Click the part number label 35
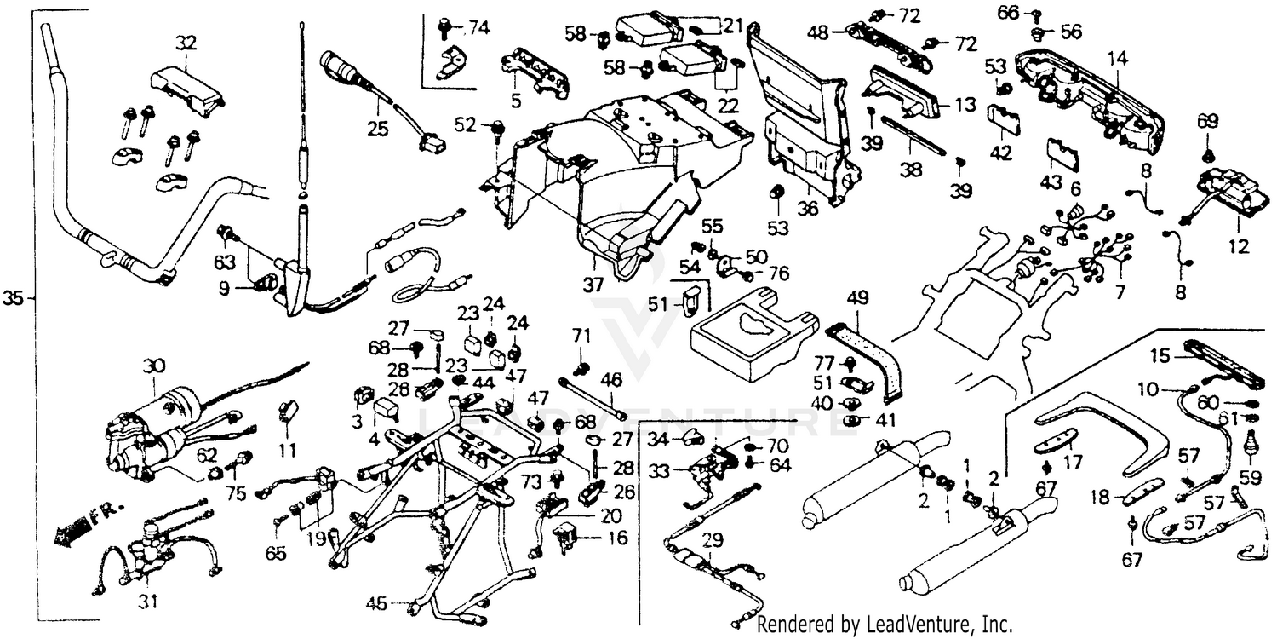pos(13,298)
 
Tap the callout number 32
pos(186,41)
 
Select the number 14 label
pos(1117,58)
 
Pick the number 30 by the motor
pos(153,366)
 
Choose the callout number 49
pos(858,298)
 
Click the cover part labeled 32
pos(187,89)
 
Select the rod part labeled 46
pos(592,400)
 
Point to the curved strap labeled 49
pos(877,358)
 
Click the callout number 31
pos(149,602)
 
